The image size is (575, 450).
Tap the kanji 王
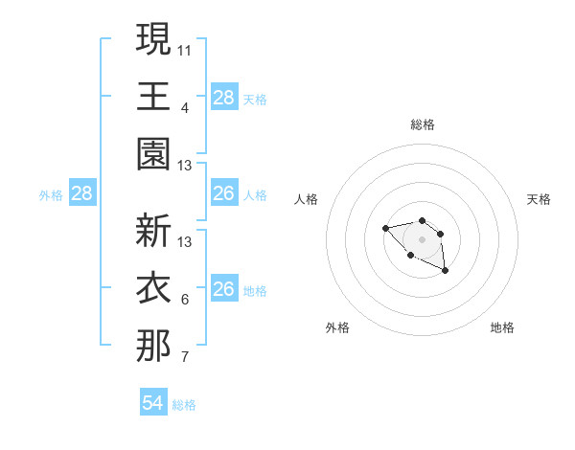(x=153, y=96)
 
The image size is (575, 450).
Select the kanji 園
(x=153, y=153)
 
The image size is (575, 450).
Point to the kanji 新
(x=153, y=231)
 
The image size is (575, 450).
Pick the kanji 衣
(x=153, y=288)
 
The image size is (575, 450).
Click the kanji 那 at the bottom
(x=153, y=346)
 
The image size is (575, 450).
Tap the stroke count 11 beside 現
(x=185, y=50)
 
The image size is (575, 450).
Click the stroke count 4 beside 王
(x=185, y=107)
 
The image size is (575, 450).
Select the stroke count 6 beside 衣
(x=185, y=300)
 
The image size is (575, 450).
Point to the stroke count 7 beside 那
(x=185, y=358)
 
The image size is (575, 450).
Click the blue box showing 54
(x=153, y=403)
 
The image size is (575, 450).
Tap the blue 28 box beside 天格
(x=224, y=97)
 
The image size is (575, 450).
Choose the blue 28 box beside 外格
(x=82, y=193)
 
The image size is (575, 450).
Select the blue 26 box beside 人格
(x=224, y=193)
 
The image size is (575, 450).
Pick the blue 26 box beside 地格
(x=224, y=289)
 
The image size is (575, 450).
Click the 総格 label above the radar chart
(x=422, y=124)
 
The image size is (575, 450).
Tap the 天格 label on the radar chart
(x=539, y=199)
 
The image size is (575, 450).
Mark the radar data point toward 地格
(x=446, y=272)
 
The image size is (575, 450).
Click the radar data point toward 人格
(x=385, y=228)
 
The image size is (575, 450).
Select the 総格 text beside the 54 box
(x=184, y=405)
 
